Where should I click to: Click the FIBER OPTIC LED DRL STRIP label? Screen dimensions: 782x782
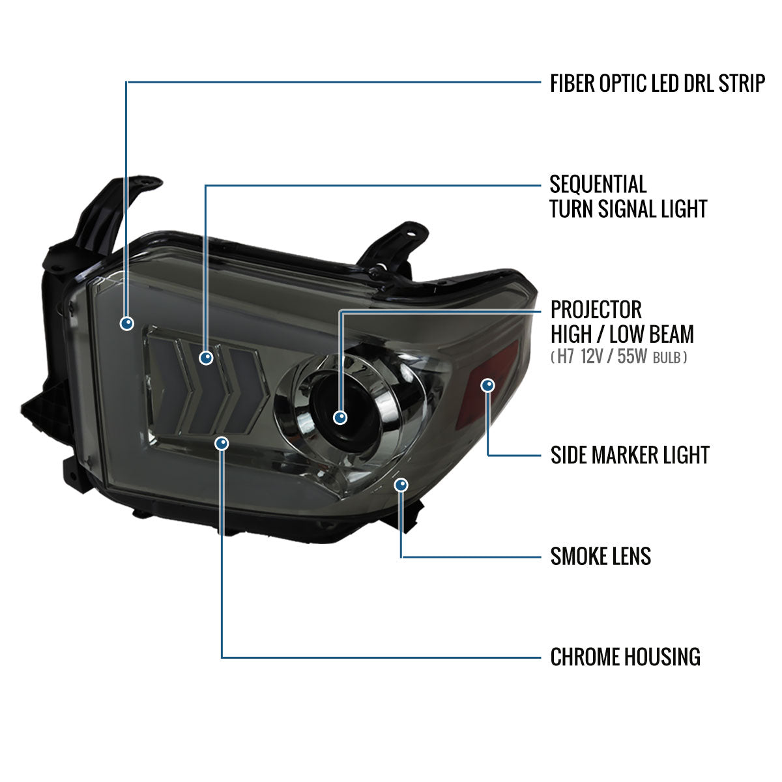pyautogui.click(x=657, y=83)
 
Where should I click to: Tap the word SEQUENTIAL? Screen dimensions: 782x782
pyautogui.click(x=598, y=184)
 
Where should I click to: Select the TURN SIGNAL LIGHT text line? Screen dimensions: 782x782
pyautogui.click(x=628, y=209)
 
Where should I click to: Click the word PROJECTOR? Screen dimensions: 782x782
pyautogui.click(x=596, y=310)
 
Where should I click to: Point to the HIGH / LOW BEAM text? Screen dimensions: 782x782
pyautogui.click(x=622, y=334)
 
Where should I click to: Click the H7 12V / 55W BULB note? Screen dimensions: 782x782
pyautogui.click(x=619, y=356)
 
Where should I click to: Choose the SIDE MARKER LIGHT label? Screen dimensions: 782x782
pyautogui.click(x=630, y=455)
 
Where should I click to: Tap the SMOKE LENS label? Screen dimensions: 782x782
pyautogui.click(x=601, y=556)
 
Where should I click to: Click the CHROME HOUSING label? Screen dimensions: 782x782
pyautogui.click(x=626, y=657)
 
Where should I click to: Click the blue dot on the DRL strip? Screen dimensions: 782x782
pyautogui.click(x=127, y=323)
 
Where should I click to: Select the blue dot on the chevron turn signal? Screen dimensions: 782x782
pyautogui.click(x=206, y=358)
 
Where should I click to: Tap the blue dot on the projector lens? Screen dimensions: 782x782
pyautogui.click(x=340, y=417)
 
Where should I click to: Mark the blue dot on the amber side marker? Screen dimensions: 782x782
pyautogui.click(x=487, y=384)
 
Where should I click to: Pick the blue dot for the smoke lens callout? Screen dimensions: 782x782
pyautogui.click(x=401, y=485)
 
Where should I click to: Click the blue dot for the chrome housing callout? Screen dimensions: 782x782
pyautogui.click(x=222, y=444)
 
